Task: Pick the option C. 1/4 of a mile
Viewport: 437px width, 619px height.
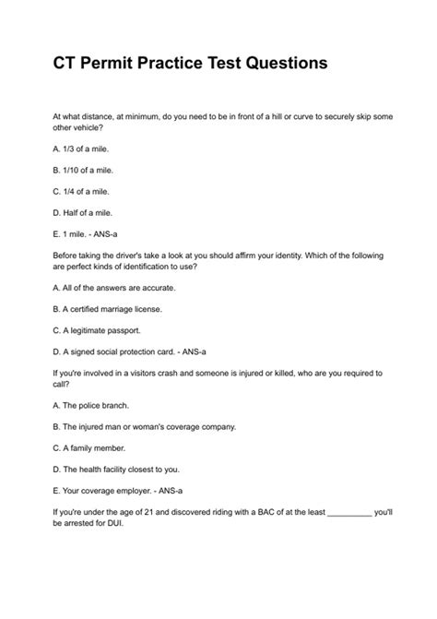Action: (83, 191)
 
